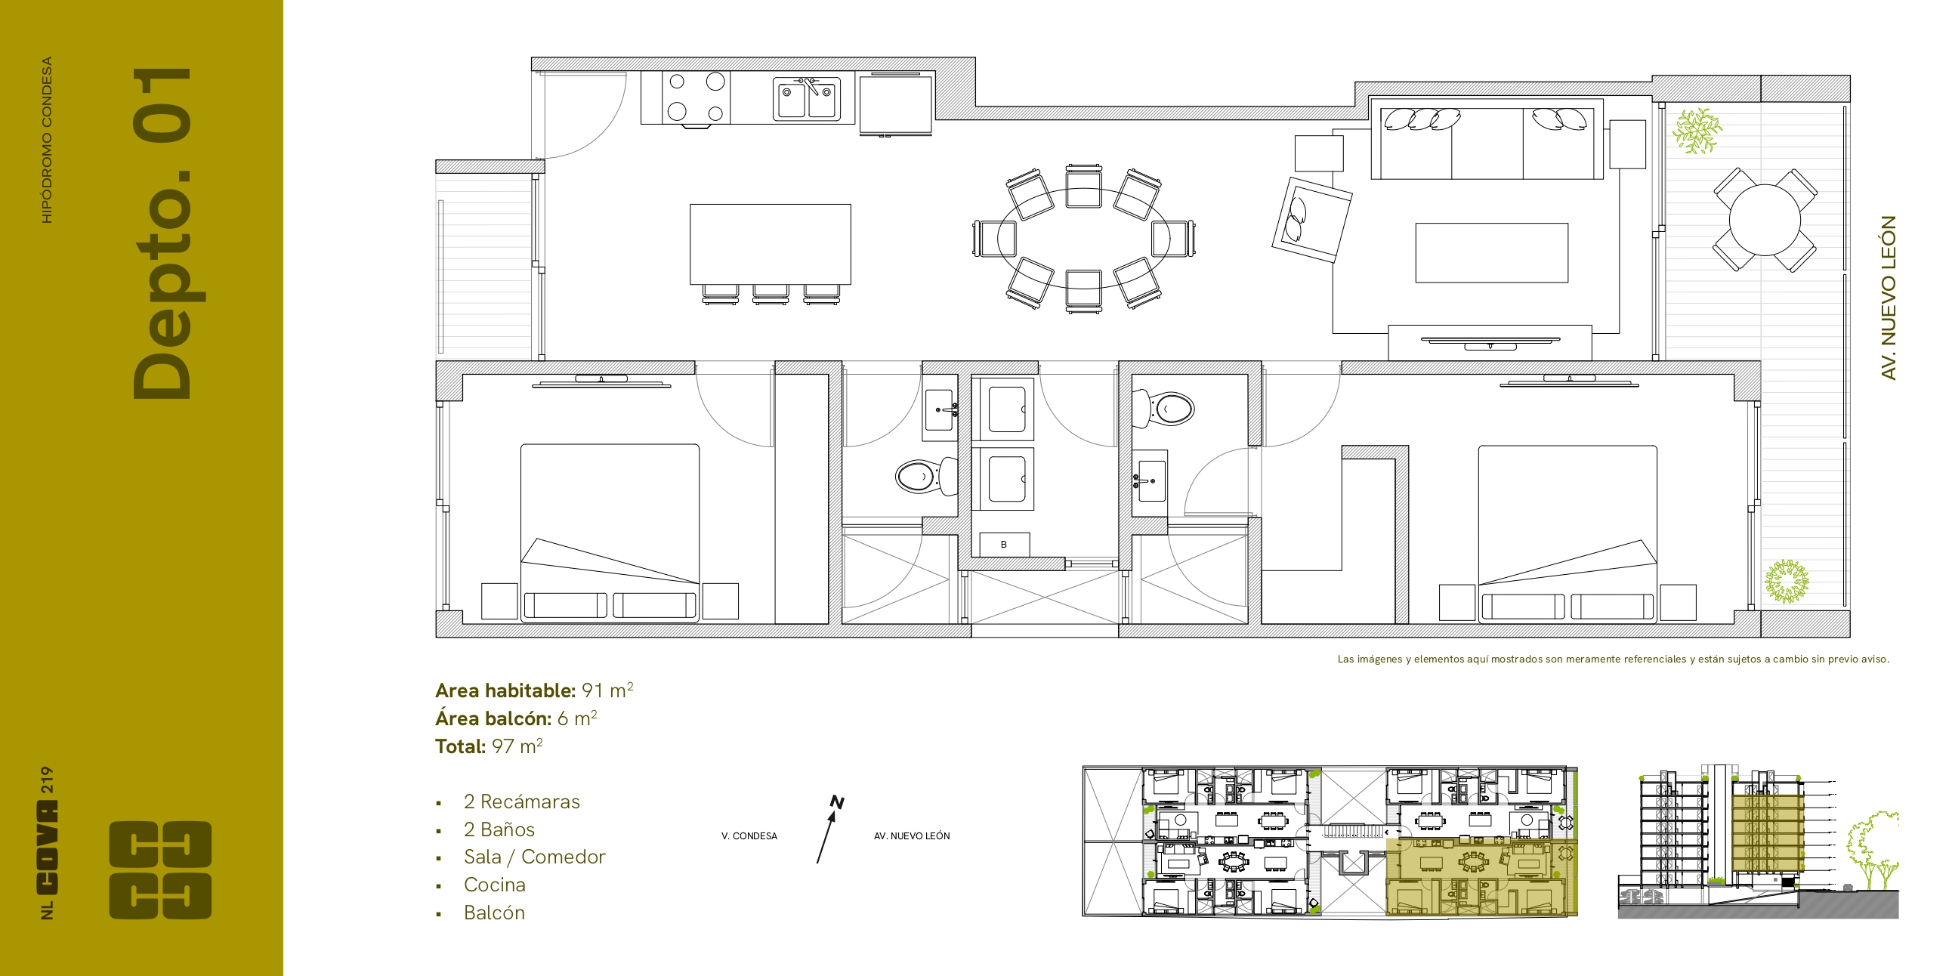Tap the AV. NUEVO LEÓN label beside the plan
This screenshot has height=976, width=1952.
(x=1889, y=298)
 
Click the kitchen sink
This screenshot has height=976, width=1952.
(x=807, y=98)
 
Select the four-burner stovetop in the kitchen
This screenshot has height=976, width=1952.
(x=696, y=97)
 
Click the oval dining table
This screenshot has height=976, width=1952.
(x=1083, y=238)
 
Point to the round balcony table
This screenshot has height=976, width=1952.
(x=1765, y=221)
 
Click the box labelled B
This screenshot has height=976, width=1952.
(x=1004, y=544)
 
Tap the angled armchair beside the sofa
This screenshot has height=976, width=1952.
(x=1311, y=220)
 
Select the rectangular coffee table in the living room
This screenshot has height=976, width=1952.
(x=1491, y=252)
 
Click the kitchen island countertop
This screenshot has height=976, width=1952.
(x=770, y=244)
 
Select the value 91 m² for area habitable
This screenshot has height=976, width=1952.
(x=607, y=690)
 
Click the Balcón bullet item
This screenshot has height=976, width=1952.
(x=494, y=913)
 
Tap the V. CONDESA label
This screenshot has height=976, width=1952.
(x=749, y=835)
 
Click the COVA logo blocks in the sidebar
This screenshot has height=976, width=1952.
(x=161, y=870)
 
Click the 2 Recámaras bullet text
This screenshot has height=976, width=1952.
(x=521, y=801)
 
